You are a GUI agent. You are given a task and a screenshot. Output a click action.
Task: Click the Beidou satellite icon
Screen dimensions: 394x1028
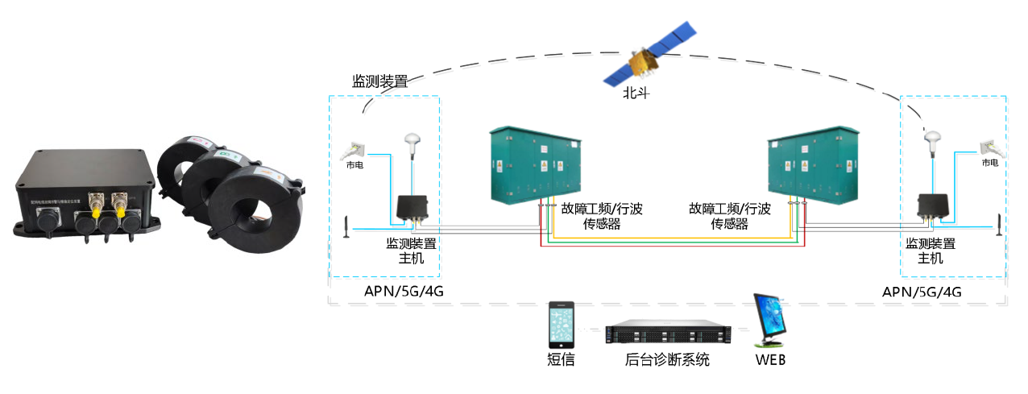tap(651, 56)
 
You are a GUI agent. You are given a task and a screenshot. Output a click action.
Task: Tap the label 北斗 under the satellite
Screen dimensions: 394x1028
tap(636, 93)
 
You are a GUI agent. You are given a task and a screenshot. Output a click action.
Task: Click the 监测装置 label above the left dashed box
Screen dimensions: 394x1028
tap(379, 81)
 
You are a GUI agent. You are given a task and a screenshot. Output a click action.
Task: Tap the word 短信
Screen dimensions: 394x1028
tap(561, 360)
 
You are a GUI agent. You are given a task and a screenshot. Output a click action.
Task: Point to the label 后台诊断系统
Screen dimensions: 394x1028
tap(667, 360)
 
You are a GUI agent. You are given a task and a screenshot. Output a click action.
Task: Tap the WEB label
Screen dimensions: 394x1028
tap(770, 360)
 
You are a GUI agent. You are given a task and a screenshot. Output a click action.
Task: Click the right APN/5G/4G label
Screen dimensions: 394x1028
tap(922, 292)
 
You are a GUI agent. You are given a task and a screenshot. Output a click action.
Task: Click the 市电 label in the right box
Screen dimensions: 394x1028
tap(990, 163)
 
